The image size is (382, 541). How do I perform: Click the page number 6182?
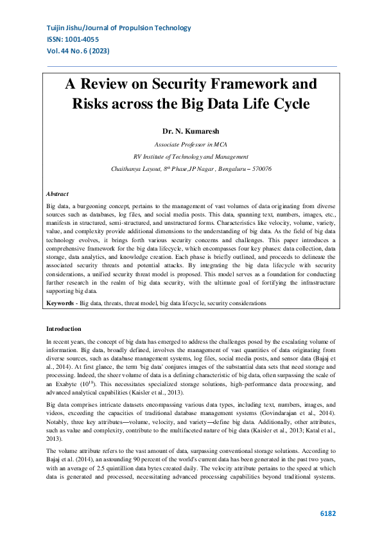(327, 514)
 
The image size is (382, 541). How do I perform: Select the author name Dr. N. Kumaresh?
(191, 130)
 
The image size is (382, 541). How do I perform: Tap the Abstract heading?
(57, 193)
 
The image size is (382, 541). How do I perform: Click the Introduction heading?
(64, 328)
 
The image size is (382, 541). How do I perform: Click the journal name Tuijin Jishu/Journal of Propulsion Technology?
(119, 28)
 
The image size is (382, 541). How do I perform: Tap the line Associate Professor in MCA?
(191, 145)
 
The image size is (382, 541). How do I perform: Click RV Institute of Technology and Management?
(191, 156)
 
